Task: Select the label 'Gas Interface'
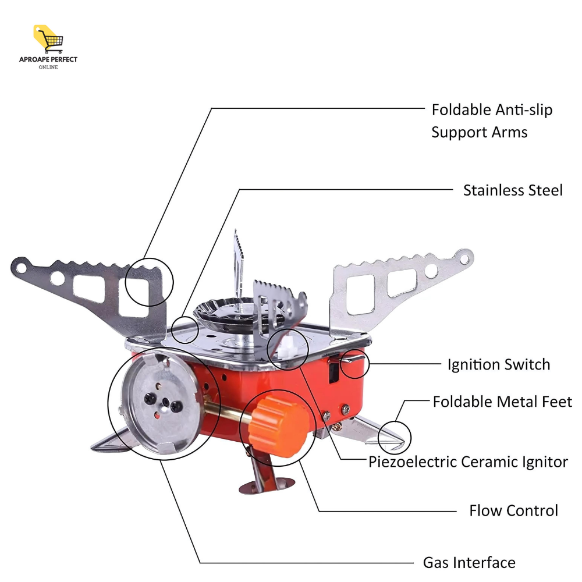[469, 563]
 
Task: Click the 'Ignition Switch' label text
[498, 365]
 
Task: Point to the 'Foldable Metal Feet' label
[502, 402]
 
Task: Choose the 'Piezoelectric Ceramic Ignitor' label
[468, 462]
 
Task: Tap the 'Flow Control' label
[513, 511]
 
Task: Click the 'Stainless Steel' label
[513, 190]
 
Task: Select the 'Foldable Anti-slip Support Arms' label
[491, 120]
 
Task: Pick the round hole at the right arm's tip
[463, 257]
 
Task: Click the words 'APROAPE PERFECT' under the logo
[48, 59]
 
